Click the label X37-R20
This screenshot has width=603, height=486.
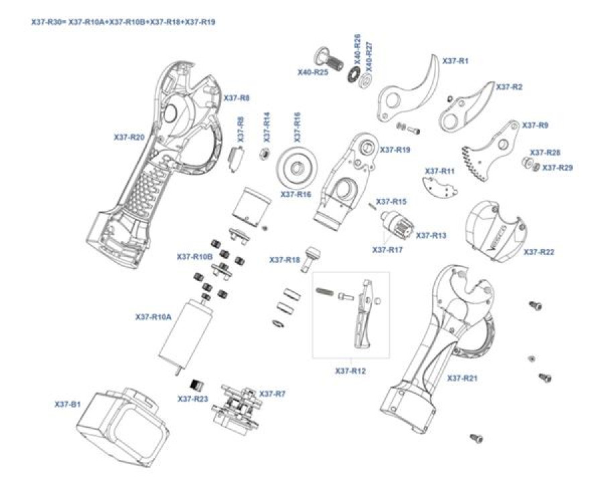coord(129,137)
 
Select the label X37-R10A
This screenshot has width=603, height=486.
coord(153,317)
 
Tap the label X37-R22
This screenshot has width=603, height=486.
coord(539,252)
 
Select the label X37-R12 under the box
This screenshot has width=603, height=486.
coord(350,370)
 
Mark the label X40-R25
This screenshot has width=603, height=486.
coord(313,72)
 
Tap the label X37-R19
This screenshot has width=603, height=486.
coord(395,150)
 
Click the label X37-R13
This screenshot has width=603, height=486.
coord(431,236)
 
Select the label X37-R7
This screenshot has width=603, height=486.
coord(272,394)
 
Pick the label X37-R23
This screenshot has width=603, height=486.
coord(193,398)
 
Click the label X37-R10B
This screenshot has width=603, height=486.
coord(194,256)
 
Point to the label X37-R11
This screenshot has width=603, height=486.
coord(440,171)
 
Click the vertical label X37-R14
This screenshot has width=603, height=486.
coord(267,127)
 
